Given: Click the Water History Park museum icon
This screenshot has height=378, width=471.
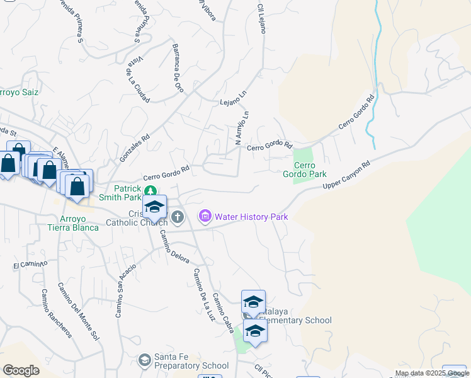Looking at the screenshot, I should (x=205, y=217).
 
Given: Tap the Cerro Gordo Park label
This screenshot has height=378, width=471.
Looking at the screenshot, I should (x=304, y=169).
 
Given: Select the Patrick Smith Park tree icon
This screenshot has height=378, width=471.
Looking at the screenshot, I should (x=150, y=191).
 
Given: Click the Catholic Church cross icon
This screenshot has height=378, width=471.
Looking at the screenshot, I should (x=178, y=217).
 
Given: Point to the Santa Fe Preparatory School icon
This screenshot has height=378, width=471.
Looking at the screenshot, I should (x=144, y=360).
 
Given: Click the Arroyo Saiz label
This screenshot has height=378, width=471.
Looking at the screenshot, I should (x=19, y=92).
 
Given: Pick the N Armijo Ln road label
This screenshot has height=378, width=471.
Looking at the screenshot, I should (x=242, y=128).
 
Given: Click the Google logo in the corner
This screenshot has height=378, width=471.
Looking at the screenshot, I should (x=21, y=370).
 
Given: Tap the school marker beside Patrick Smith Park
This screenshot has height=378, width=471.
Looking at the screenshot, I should (x=154, y=206).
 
